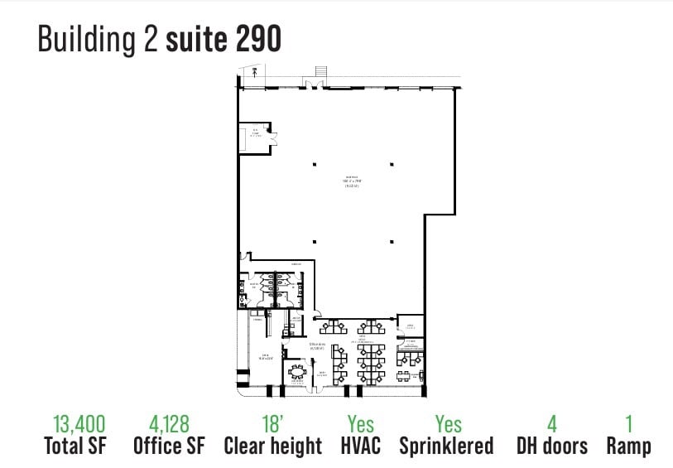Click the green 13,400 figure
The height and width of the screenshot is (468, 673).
click(x=79, y=425)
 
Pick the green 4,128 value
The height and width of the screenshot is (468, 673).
click(x=170, y=425)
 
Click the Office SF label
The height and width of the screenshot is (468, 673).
click(x=170, y=446)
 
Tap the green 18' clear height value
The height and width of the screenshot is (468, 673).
click(x=272, y=425)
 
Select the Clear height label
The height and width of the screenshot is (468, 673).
click(x=272, y=446)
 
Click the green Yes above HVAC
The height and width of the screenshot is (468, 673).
click(x=361, y=425)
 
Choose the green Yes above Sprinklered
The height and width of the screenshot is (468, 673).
click(x=448, y=425)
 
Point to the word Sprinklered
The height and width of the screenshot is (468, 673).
click(x=446, y=446)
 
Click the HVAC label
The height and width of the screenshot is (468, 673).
click(x=361, y=446)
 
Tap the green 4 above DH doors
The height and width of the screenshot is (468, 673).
click(x=552, y=425)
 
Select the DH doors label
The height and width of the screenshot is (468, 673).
click(x=552, y=446)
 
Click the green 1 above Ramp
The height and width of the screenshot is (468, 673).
click(x=628, y=425)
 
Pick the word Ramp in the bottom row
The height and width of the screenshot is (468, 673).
click(x=628, y=446)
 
